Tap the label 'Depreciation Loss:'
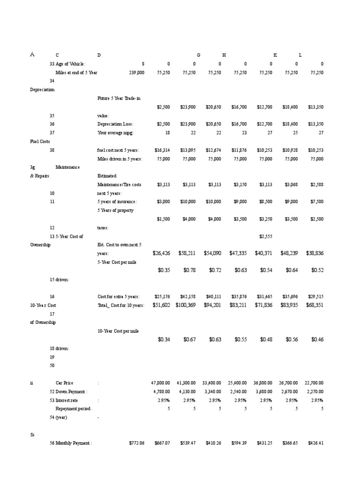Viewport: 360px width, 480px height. coord(115,124)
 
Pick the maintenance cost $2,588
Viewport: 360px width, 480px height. coord(316,185)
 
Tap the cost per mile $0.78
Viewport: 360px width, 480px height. coord(189,270)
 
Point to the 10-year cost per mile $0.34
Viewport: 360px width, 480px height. coord(164,339)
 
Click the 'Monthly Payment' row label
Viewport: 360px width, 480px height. coord(74,443)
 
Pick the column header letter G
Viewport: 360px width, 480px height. coord(199,55)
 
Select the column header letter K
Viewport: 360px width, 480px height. coord(275,55)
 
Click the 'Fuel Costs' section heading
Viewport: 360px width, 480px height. coord(40,141)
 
